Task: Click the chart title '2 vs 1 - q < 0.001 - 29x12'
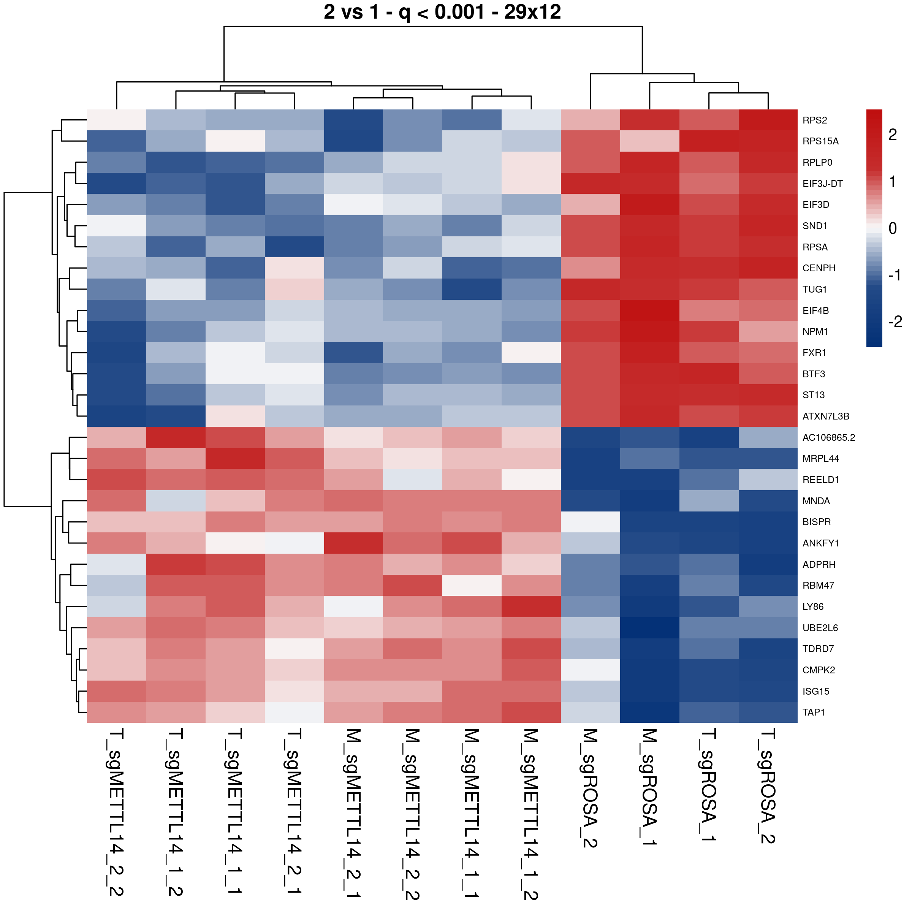442,12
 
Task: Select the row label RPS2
814,120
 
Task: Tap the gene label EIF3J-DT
822,184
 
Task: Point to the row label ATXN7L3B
826,416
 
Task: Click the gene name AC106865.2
828,438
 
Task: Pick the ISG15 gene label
816,691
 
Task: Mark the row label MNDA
816,501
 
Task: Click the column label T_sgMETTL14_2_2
117,812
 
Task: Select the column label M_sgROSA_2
590,788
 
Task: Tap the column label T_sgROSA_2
768,786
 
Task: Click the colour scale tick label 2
892,135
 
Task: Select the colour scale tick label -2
895,321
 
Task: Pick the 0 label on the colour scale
892,228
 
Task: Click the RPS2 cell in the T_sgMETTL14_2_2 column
117,120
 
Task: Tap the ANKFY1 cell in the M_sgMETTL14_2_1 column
353,543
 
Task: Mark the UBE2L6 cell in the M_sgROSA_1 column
649,628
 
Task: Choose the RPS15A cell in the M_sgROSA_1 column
649,141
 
